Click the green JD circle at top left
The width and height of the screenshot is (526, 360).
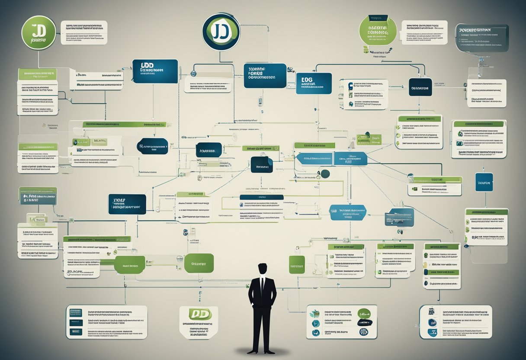(x=39, y=32)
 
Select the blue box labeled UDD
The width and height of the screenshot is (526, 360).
(x=155, y=71)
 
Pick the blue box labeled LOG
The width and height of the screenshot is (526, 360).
(x=314, y=83)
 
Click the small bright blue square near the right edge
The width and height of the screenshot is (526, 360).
(x=484, y=182)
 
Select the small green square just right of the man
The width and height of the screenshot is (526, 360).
(x=297, y=264)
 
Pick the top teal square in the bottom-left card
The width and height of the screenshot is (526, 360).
(x=76, y=312)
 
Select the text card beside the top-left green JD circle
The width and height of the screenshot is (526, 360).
(x=84, y=32)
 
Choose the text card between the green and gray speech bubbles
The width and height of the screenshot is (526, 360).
(x=424, y=32)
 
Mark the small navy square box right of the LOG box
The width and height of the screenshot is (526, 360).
(x=420, y=87)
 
